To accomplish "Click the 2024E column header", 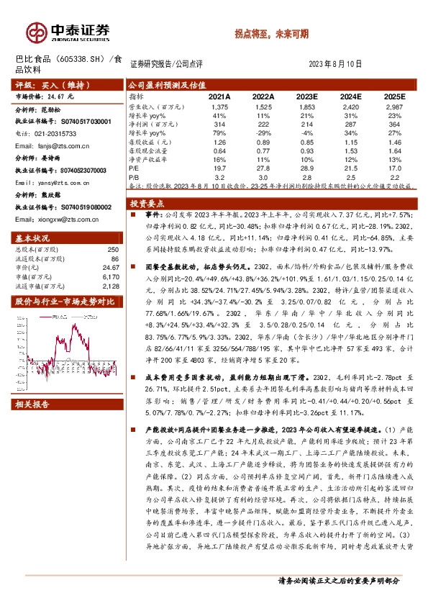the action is (350, 96).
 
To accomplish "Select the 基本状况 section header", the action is (32, 238).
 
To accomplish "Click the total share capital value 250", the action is (112, 249).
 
